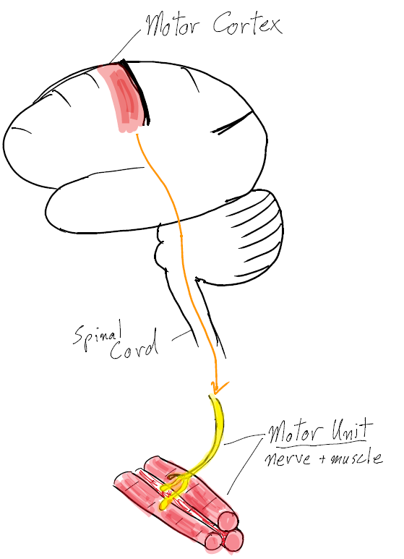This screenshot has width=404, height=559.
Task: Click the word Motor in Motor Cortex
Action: click(x=173, y=25)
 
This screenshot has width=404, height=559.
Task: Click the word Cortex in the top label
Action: click(x=248, y=23)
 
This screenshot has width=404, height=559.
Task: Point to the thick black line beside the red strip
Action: click(x=135, y=92)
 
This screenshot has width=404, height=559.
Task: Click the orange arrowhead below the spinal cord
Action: click(x=218, y=388)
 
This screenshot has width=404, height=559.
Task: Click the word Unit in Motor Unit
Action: click(x=351, y=431)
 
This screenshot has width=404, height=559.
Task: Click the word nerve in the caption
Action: click(x=288, y=458)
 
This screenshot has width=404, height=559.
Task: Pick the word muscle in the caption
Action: click(x=356, y=457)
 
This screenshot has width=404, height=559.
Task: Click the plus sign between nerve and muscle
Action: click(x=322, y=460)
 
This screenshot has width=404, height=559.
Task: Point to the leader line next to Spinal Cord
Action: click(x=181, y=336)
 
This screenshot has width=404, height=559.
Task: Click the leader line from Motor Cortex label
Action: click(x=126, y=46)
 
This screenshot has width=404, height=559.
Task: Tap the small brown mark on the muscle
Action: click(x=174, y=477)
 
